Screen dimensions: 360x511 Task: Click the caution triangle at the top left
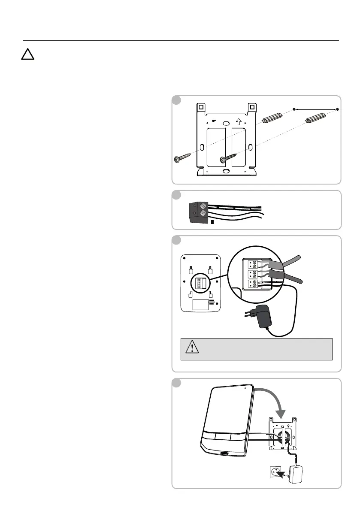click(x=28, y=55)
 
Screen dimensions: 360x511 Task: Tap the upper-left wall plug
click(x=272, y=117)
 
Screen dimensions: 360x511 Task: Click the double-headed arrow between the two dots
click(x=315, y=110)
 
